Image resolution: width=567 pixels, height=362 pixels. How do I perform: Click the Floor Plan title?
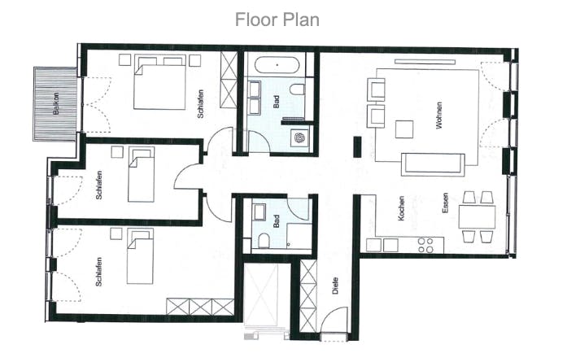tap(277, 20)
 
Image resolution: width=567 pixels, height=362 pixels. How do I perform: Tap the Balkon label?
tap(55, 104)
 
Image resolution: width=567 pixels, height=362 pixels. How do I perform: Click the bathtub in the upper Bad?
tap(277, 65)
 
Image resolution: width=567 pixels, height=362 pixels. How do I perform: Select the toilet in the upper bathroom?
tap(297, 89)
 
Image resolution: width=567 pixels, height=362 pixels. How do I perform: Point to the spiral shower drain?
tap(299, 137)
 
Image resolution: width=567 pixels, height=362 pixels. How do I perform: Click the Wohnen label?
tap(439, 116)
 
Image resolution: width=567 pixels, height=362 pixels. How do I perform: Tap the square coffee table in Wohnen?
tap(404, 129)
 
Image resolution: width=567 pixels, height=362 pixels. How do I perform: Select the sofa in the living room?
tap(433, 165)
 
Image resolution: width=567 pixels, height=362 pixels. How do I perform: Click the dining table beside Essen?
tap(477, 216)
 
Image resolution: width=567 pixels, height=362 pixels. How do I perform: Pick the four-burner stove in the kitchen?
tap(425, 245)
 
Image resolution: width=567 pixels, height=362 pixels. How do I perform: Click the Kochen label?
tap(401, 208)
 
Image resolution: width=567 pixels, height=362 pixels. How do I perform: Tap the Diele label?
tap(335, 286)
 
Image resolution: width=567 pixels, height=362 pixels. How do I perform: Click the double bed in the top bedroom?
tap(159, 82)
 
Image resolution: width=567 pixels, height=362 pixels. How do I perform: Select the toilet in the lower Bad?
tap(264, 241)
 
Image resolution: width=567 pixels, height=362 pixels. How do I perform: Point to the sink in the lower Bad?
tap(260, 212)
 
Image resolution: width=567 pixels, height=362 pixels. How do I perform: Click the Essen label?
tap(445, 203)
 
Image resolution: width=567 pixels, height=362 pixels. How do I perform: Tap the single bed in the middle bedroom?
tap(141, 174)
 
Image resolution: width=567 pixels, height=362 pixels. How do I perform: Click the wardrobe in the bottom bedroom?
tap(200, 307)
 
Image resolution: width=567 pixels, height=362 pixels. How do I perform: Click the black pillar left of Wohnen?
tap(357, 146)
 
